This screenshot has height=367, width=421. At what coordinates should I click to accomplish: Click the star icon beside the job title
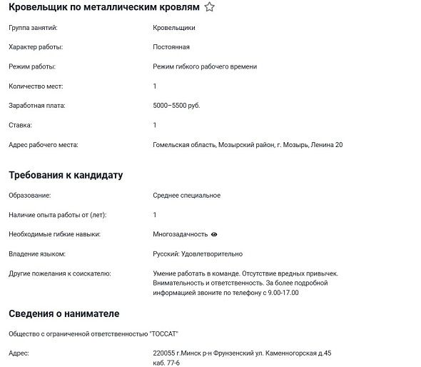pyautogui.click(x=209, y=7)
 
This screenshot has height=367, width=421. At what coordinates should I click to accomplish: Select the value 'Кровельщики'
pyautogui.click(x=174, y=28)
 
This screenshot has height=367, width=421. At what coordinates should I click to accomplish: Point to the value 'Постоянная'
pyautogui.click(x=171, y=47)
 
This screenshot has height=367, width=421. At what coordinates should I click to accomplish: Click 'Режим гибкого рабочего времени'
pyautogui.click(x=205, y=66)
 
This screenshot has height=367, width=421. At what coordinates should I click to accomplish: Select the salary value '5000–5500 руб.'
pyautogui.click(x=176, y=106)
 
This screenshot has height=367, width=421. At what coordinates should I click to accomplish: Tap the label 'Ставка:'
pyautogui.click(x=20, y=125)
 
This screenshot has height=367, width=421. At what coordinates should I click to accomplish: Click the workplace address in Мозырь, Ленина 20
pyautogui.click(x=248, y=145)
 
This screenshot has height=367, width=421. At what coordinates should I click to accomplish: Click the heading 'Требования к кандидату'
pyautogui.click(x=66, y=175)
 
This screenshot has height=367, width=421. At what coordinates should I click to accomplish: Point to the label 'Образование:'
pyautogui.click(x=30, y=195)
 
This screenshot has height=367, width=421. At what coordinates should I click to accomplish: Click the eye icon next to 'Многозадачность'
pyautogui.click(x=214, y=234)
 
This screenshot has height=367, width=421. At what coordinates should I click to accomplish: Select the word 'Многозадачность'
pyautogui.click(x=180, y=234)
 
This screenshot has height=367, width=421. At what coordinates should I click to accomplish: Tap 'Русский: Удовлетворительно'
pyautogui.click(x=198, y=253)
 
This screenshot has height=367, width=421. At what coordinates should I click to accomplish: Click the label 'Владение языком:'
pyautogui.click(x=37, y=253)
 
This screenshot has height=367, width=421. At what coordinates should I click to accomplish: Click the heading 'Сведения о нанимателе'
pyautogui.click(x=64, y=313)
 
